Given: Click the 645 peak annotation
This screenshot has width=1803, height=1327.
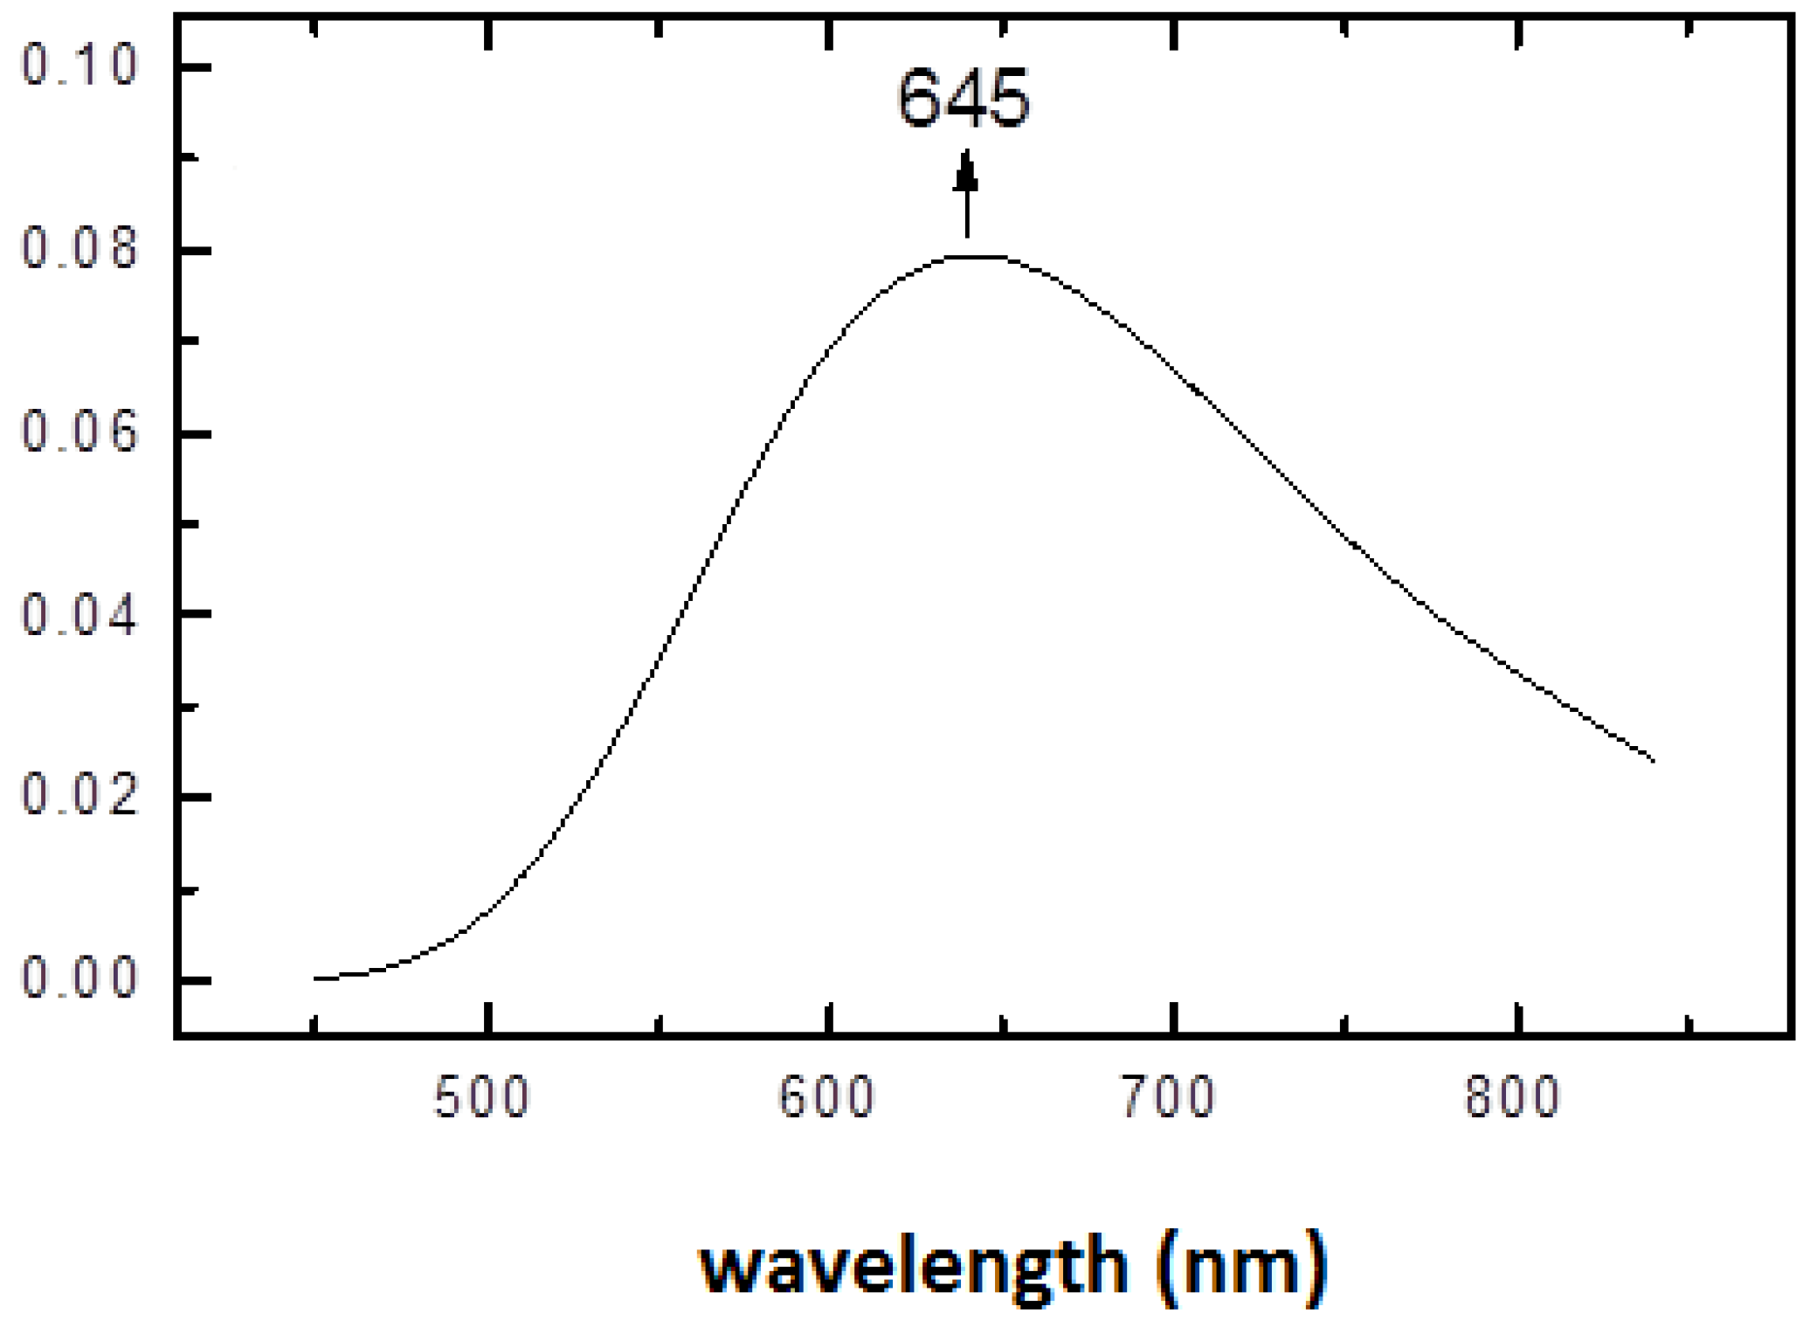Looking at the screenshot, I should (964, 99).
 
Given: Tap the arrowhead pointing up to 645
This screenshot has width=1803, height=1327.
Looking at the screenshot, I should (965, 172).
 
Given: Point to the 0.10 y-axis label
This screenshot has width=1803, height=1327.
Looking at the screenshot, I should (79, 65).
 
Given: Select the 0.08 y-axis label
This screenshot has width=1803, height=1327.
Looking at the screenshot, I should (79, 248).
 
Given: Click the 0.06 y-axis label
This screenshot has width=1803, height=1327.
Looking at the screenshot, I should (79, 432).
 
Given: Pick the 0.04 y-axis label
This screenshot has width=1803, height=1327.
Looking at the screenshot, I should (79, 614).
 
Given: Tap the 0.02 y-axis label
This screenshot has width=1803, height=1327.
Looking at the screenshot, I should (79, 796).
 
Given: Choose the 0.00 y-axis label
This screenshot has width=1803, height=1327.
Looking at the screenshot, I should (79, 978).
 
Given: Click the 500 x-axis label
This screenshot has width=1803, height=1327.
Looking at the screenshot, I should (481, 1097).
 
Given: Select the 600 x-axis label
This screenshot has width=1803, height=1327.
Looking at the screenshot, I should (826, 1097).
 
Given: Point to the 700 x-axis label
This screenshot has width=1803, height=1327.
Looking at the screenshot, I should (1168, 1097).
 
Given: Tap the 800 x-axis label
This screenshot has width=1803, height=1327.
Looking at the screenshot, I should (1512, 1097).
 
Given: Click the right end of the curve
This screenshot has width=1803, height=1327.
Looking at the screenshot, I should (1653, 760).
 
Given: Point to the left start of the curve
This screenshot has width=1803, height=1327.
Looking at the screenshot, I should (316, 978).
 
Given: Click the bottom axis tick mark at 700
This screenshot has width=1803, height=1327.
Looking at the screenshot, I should (1174, 1017).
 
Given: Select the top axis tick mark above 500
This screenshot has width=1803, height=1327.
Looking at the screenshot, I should (488, 34).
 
